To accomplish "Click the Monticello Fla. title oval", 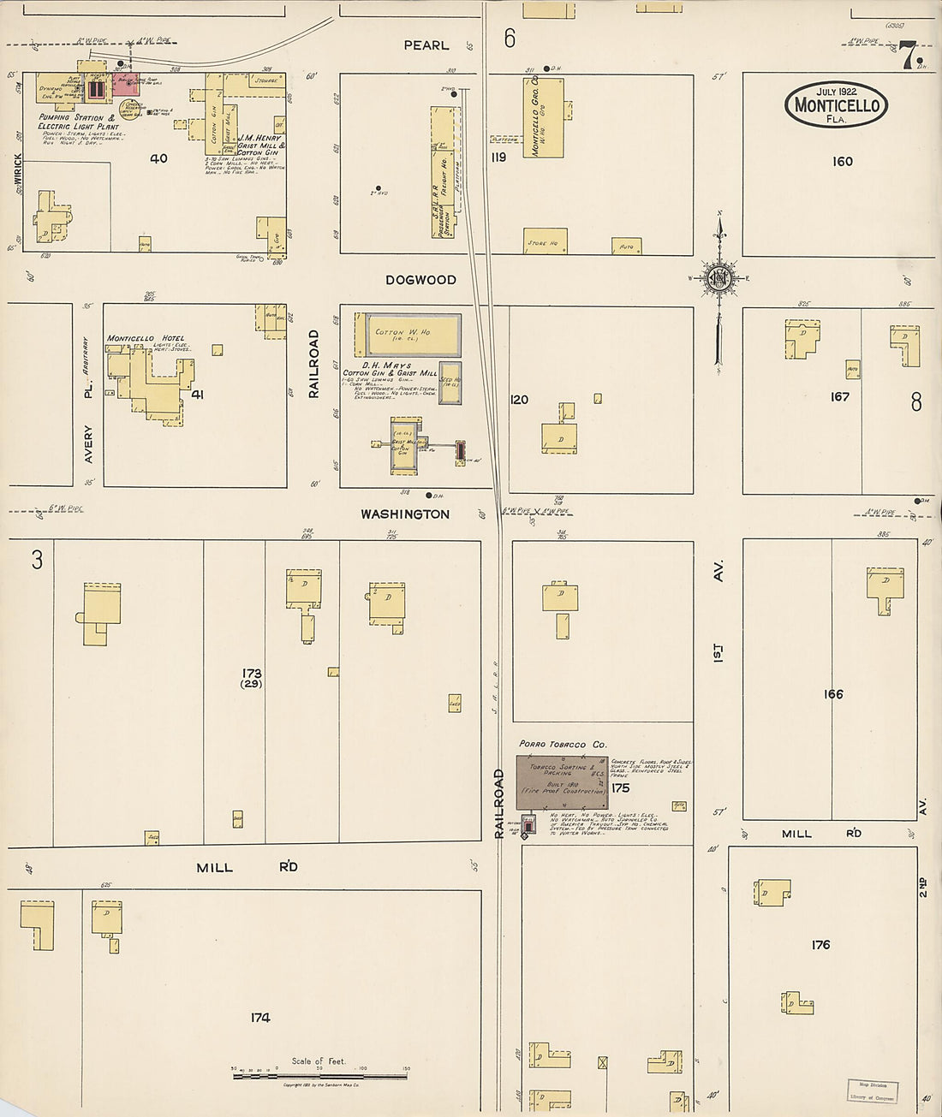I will click(x=836, y=104).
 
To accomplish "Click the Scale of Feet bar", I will click(x=319, y=1074).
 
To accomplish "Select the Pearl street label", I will click(x=426, y=45).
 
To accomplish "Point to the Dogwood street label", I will click(x=420, y=280).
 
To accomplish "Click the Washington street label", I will click(x=404, y=514).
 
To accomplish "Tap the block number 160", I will click(x=842, y=161).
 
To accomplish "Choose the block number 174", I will click(x=260, y=1017).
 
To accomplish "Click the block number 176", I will click(x=820, y=944).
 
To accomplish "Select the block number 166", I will click(x=833, y=693).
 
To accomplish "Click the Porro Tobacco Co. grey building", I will click(x=562, y=781).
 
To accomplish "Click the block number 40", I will click(x=158, y=158).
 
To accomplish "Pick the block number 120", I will click(x=519, y=399).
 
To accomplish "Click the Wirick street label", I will click(x=18, y=172).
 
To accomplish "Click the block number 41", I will click(x=198, y=395).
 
